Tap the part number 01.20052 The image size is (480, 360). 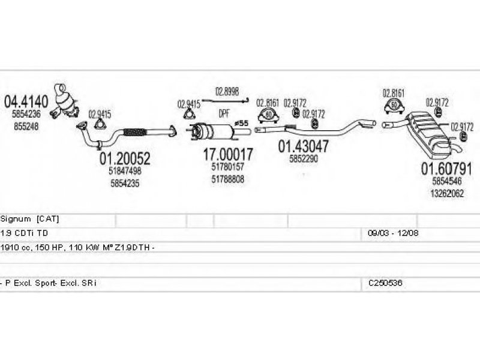coord(124,158)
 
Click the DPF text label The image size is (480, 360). coord(223,113)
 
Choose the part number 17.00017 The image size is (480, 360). coord(227,154)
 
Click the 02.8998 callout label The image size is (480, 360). coord(227,91)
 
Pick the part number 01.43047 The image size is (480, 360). coord(303,146)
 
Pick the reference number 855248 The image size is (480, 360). coord(25,126)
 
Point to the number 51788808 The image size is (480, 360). coord(227,179)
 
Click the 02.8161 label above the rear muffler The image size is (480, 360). coord(394,94)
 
